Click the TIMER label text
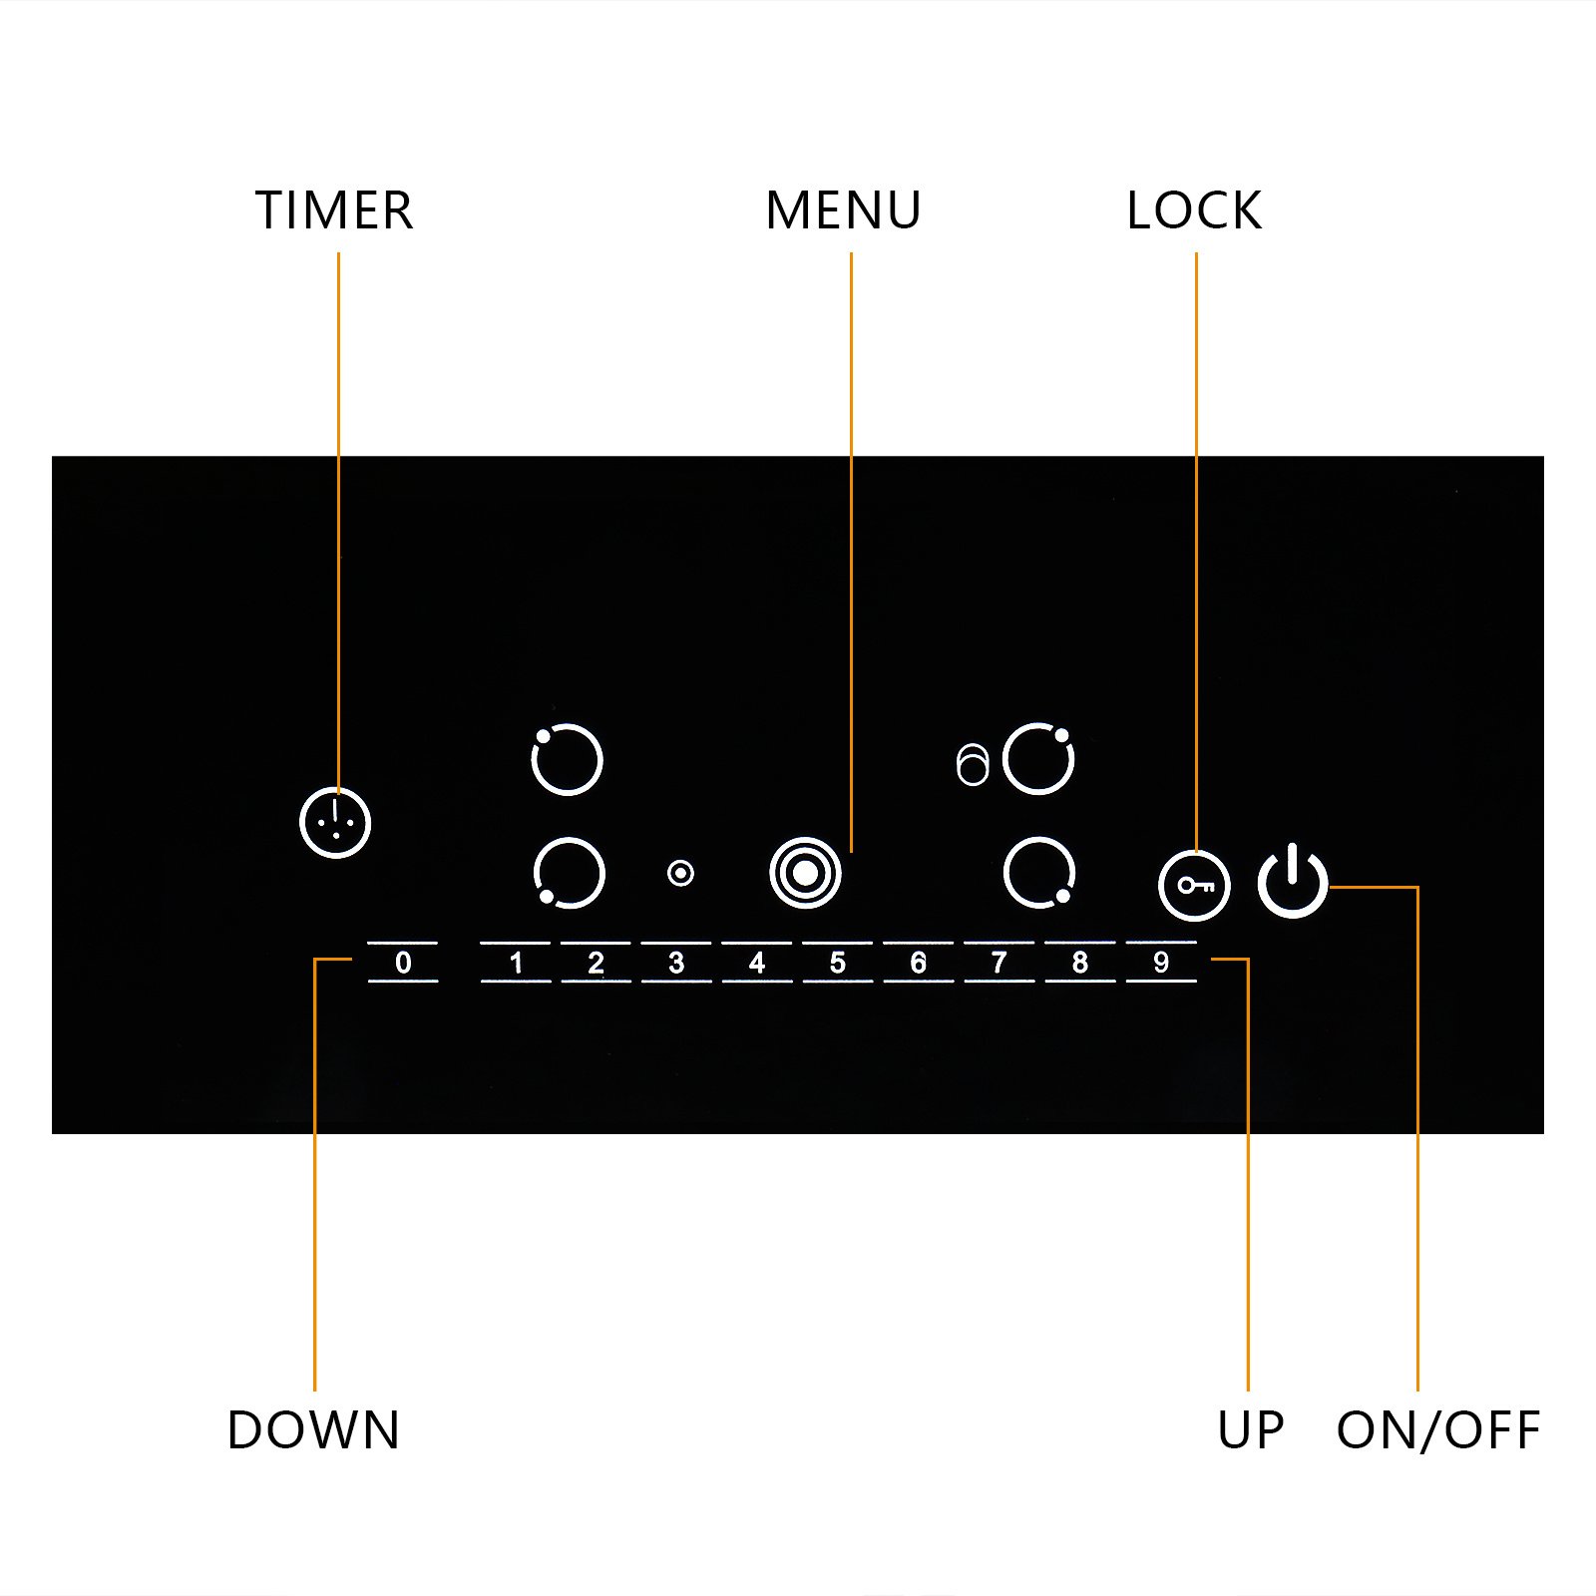click(x=334, y=210)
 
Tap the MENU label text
click(x=843, y=210)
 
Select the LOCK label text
click(x=1194, y=210)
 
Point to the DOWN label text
click(x=313, y=1430)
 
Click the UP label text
click(x=1251, y=1430)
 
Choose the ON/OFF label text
click(x=1438, y=1430)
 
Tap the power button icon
click(x=1293, y=881)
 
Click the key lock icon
click(x=1194, y=886)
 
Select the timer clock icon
click(x=335, y=823)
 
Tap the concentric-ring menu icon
click(x=806, y=873)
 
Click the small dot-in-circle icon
click(x=680, y=874)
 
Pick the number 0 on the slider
click(x=403, y=963)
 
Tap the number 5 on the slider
click(x=838, y=963)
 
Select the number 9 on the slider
click(x=1161, y=963)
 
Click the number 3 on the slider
click(x=676, y=963)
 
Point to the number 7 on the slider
click(x=998, y=963)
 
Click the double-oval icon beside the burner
click(x=972, y=765)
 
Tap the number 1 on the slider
click(x=516, y=963)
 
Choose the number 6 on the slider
click(x=919, y=963)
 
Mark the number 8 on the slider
click(x=1079, y=963)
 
